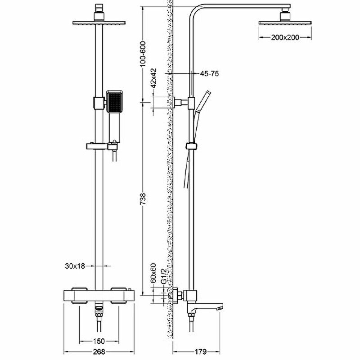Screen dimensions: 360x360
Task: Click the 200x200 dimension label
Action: click(x=285, y=37)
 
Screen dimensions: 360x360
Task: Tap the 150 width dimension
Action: click(x=99, y=341)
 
